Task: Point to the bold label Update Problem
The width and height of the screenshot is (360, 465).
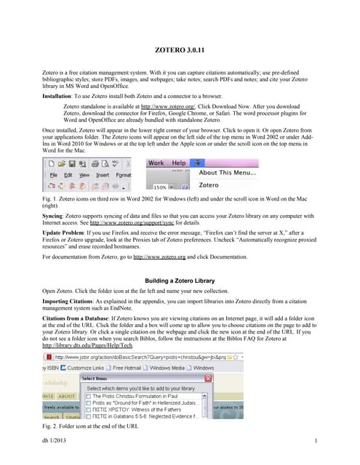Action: pos(66,238)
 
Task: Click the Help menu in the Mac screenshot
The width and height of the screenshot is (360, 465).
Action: pos(179,163)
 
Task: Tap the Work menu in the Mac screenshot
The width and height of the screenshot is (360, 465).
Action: pos(156,163)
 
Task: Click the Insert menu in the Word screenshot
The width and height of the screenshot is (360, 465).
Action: pos(103,175)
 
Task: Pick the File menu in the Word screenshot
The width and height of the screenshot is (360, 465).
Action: pos(54,175)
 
